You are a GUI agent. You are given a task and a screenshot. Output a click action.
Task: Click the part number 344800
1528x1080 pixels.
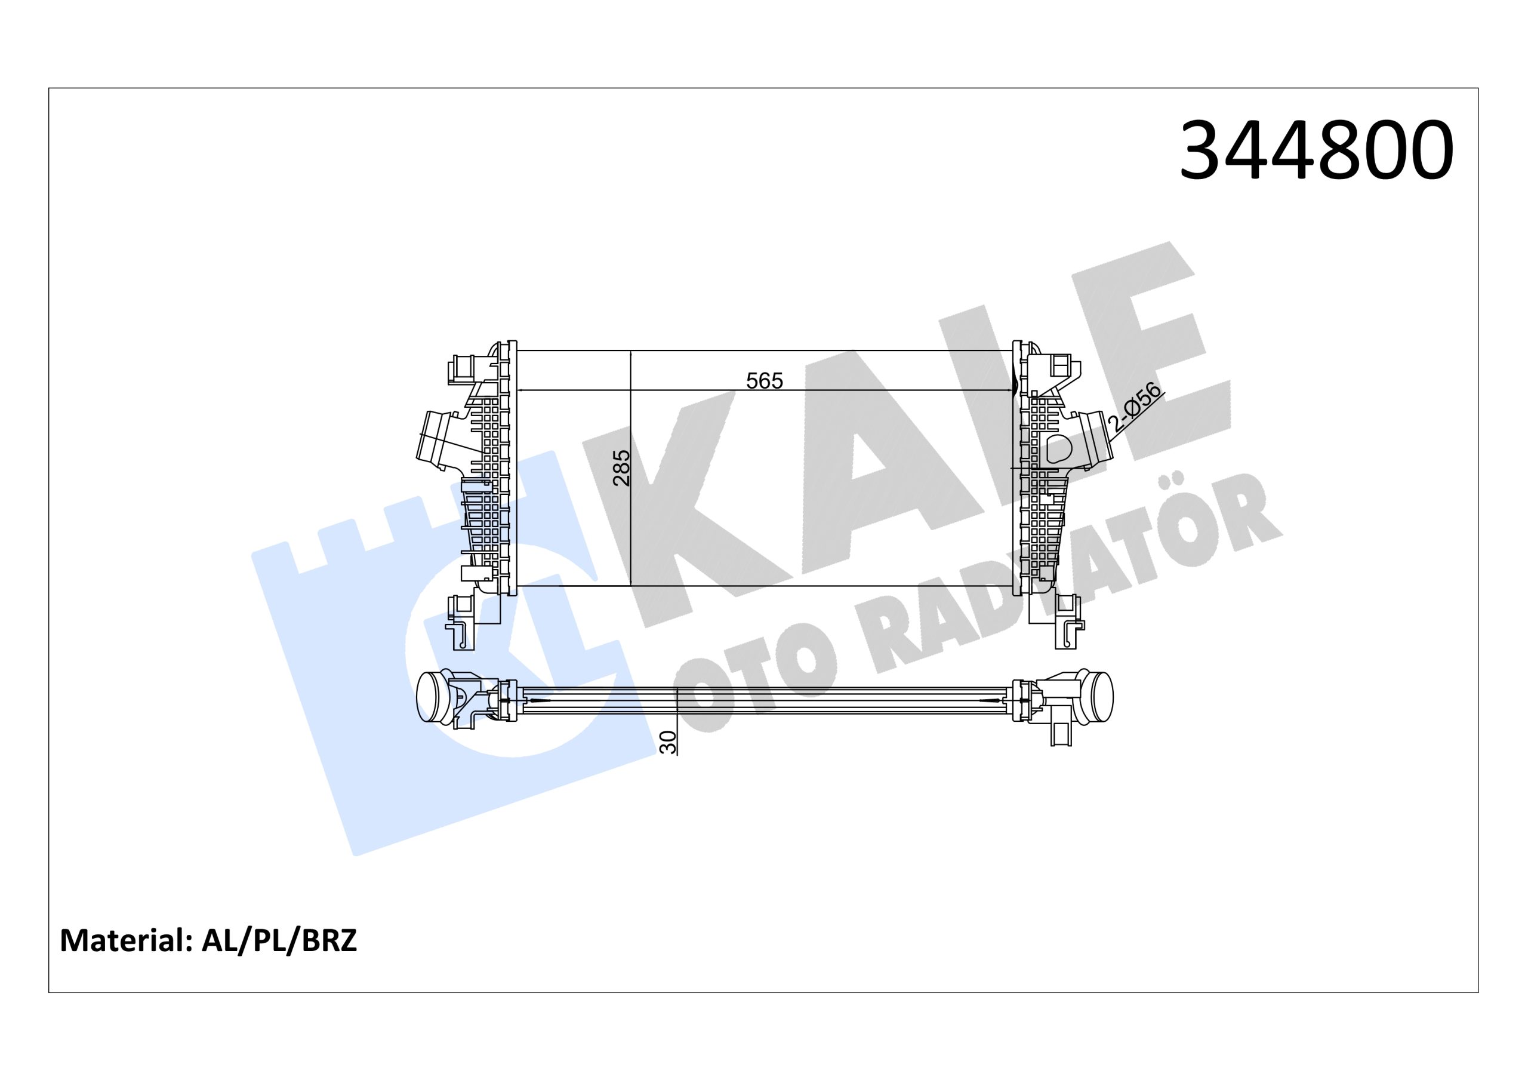click(1315, 151)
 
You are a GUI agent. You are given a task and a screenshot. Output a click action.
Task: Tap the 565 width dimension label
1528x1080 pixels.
click(765, 381)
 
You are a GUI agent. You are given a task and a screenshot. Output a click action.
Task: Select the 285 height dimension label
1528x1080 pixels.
click(621, 467)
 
